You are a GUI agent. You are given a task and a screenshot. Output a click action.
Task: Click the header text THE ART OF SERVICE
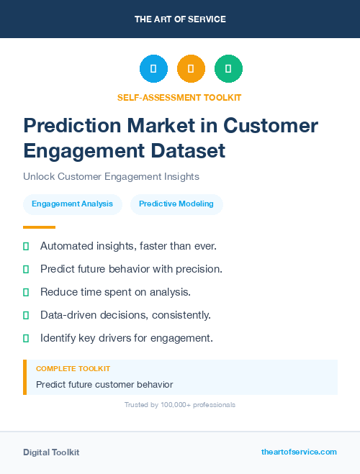[x=180, y=19]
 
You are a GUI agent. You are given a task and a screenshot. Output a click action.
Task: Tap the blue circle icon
[x=153, y=69]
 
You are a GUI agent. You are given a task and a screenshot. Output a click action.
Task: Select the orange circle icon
[x=191, y=69]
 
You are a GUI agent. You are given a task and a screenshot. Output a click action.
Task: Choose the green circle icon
[x=228, y=69]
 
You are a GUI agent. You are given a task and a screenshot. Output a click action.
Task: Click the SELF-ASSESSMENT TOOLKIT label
[x=179, y=97]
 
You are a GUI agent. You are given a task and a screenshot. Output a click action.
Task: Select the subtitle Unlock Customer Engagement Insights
[x=111, y=176]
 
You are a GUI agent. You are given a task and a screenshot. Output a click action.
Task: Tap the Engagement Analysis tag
[x=72, y=204]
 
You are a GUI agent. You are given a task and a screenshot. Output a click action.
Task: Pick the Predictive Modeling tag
[x=176, y=204]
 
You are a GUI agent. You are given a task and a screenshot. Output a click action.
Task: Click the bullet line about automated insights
[x=128, y=246]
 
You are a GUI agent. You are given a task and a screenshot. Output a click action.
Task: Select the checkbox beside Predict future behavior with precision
[x=26, y=269]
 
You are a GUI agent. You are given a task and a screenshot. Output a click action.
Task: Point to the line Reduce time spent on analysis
[x=114, y=291]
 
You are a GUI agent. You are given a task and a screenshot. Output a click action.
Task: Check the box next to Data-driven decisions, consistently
[x=26, y=315]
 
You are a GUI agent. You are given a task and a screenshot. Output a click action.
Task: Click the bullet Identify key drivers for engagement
[x=127, y=337]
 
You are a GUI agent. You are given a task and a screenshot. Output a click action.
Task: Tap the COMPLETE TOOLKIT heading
[x=73, y=368]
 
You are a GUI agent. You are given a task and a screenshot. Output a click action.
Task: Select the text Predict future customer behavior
[x=104, y=384]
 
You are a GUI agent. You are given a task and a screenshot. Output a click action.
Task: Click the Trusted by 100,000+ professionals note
[x=179, y=405]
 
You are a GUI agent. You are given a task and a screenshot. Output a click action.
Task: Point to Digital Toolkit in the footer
[x=51, y=452]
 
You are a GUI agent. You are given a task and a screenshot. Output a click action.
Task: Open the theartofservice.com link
[x=299, y=452]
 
